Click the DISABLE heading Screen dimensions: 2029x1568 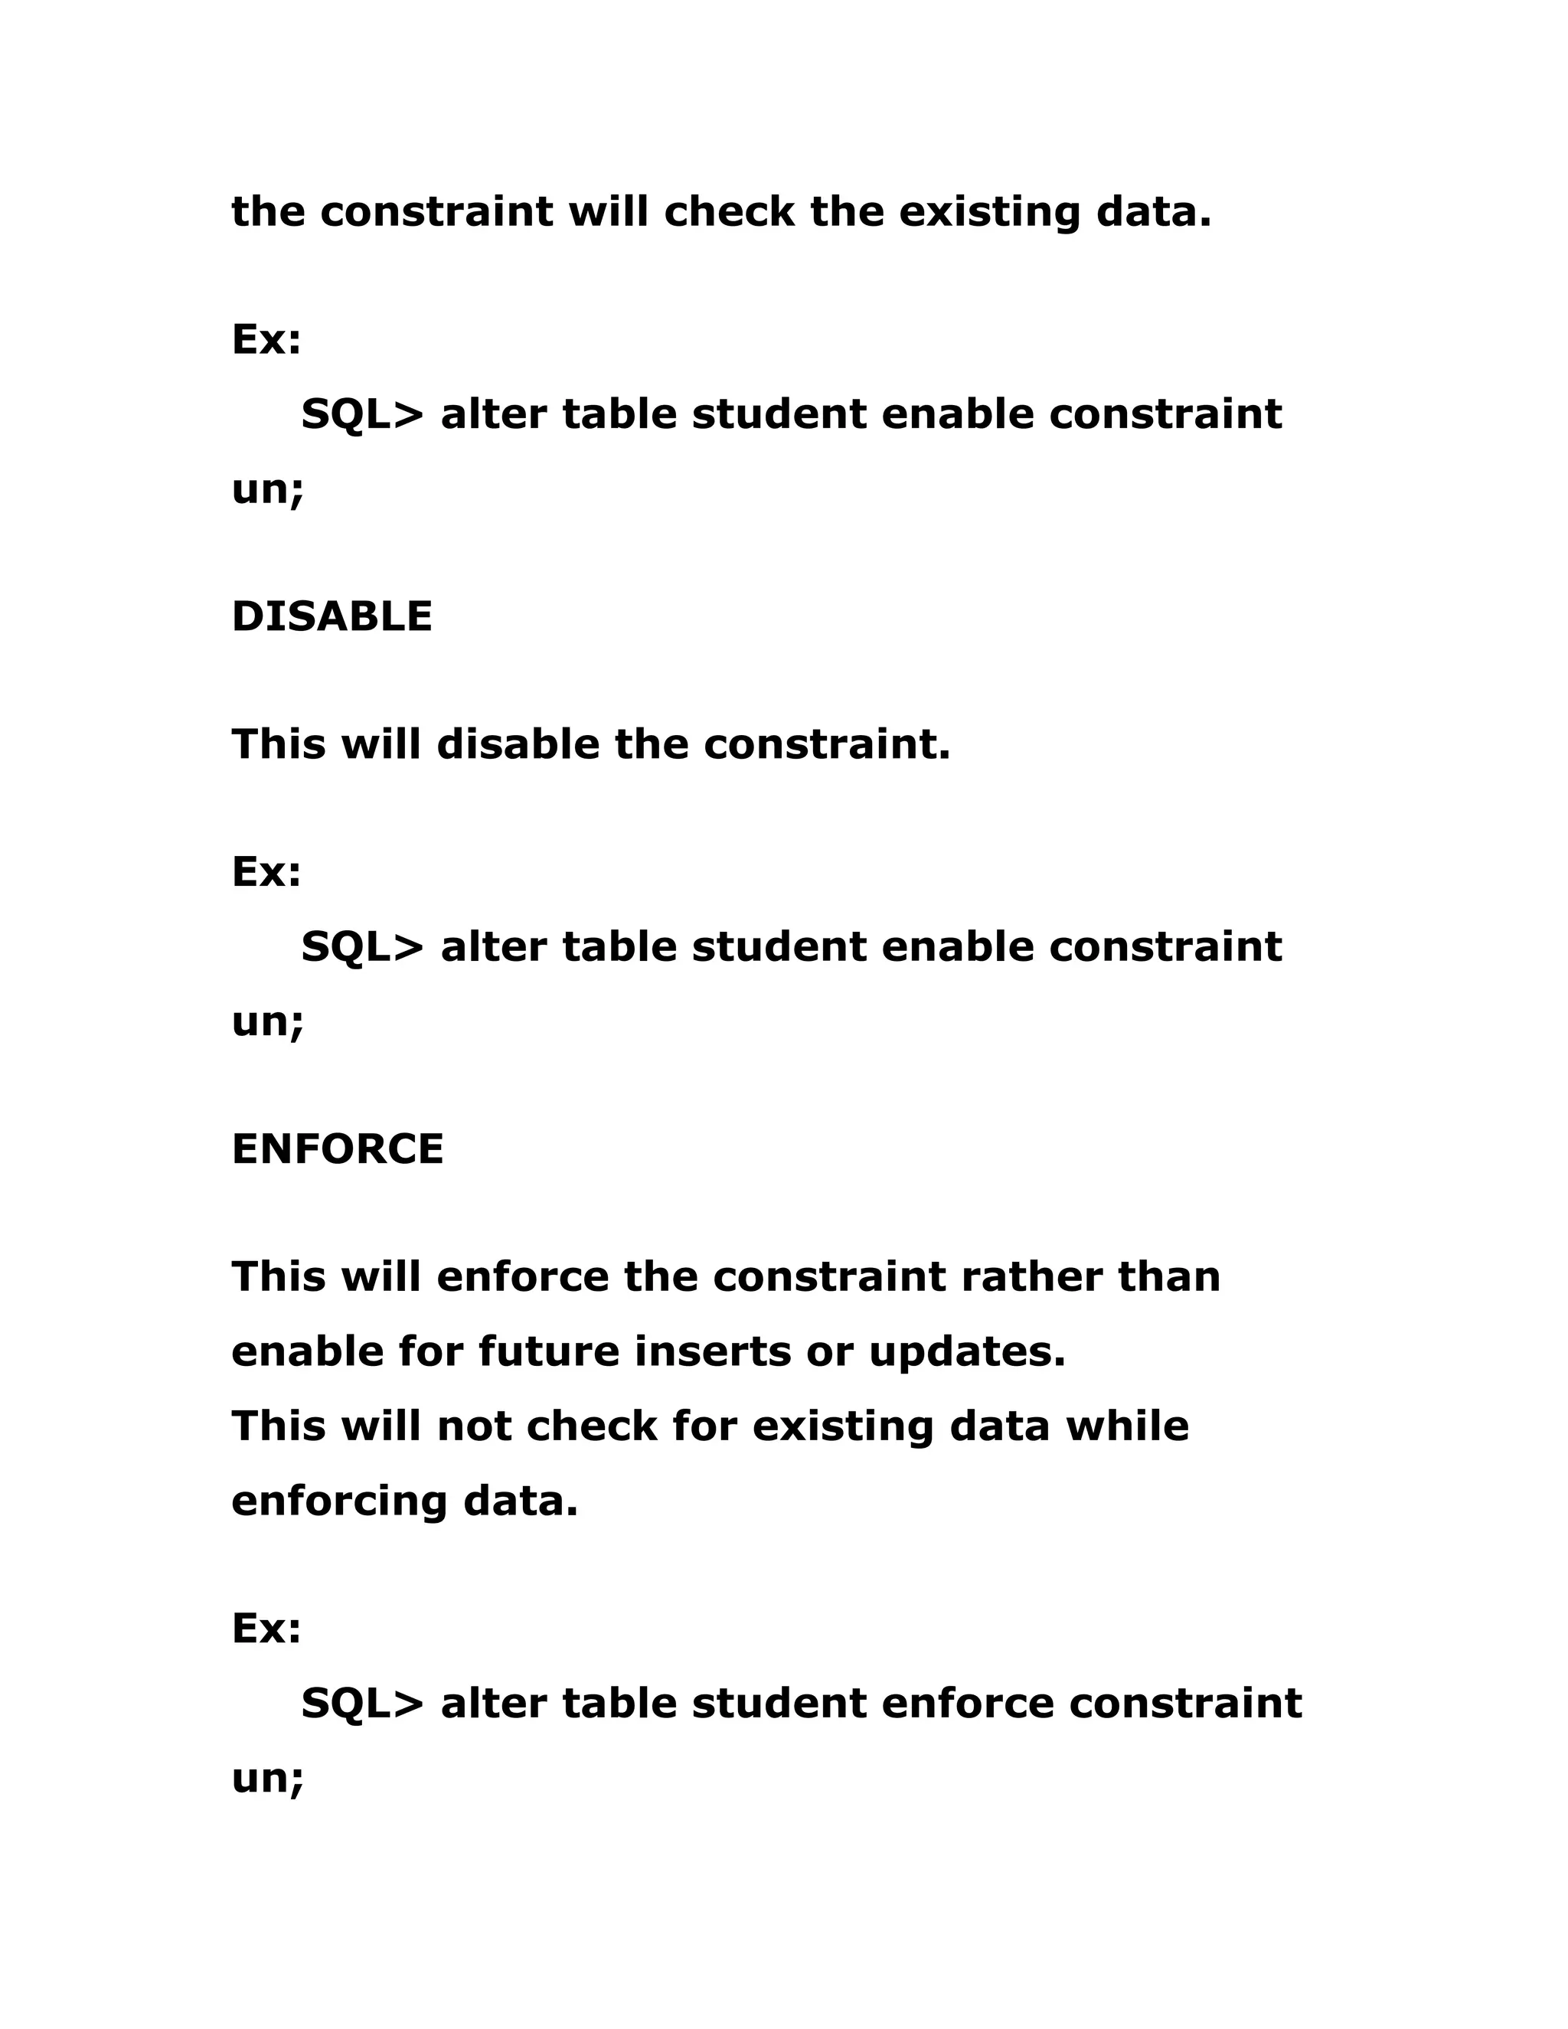point(332,617)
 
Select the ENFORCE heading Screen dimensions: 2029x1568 point(337,1149)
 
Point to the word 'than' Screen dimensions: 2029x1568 point(1168,1276)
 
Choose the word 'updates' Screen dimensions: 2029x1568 point(967,1354)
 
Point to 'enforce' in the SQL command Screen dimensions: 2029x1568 point(967,1703)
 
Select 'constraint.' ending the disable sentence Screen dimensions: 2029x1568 point(827,744)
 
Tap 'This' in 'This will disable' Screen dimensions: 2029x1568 point(279,744)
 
